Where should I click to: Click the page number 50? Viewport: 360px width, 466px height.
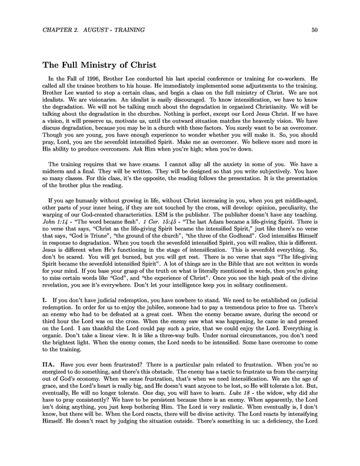315,30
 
